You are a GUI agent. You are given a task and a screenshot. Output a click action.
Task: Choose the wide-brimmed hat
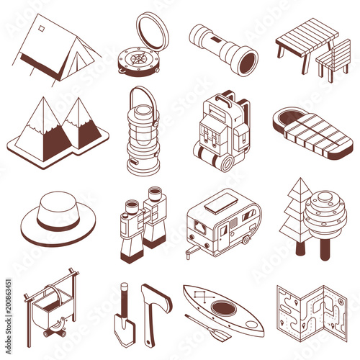[58, 216]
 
